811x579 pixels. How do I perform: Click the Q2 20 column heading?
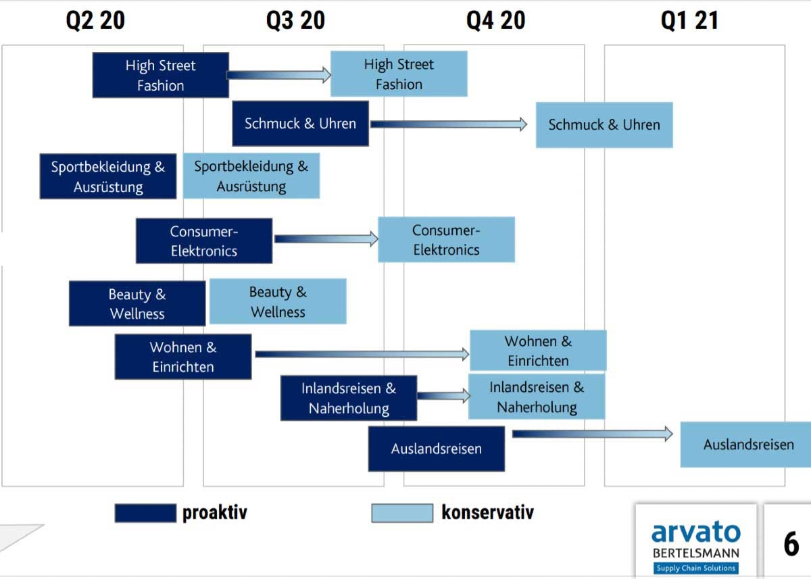95,21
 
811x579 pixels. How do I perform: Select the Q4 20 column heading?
495,21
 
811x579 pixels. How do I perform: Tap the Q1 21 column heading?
689,21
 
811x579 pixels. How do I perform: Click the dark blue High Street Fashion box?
160,76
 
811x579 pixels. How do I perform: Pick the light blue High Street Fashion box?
399,74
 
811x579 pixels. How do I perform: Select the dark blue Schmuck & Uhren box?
300,124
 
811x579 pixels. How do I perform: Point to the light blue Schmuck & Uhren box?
604,124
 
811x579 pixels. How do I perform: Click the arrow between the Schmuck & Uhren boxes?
449,124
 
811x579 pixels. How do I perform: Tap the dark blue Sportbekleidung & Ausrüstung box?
108,176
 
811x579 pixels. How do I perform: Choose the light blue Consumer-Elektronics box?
446,239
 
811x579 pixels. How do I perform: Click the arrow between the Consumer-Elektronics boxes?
326,238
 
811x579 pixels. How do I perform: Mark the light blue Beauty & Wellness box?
278,301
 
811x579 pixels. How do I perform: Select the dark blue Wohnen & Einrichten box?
183,357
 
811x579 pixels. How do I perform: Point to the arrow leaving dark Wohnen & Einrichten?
362,353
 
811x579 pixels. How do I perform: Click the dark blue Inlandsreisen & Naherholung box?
349,398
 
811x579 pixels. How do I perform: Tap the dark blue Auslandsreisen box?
437,449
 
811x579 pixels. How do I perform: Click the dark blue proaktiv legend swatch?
145,513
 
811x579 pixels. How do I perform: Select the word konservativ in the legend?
487,512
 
